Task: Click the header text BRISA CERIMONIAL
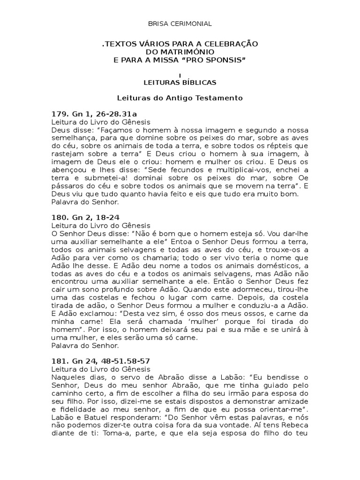pos(180,23)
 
